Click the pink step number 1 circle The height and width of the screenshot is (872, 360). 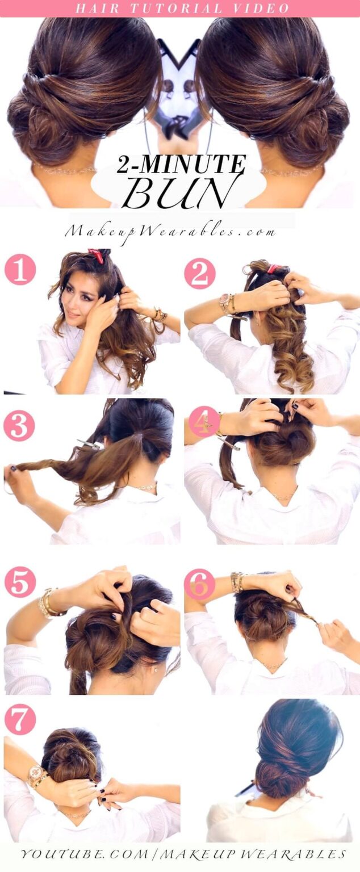click(x=20, y=270)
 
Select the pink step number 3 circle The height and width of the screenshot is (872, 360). click(x=19, y=426)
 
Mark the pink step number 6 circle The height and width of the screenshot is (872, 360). click(x=199, y=584)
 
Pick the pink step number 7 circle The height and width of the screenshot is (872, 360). click(x=20, y=719)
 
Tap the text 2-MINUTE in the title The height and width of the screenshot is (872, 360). click(x=181, y=164)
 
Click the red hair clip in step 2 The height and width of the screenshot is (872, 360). click(x=273, y=268)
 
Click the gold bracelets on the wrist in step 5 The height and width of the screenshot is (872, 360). click(x=47, y=603)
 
